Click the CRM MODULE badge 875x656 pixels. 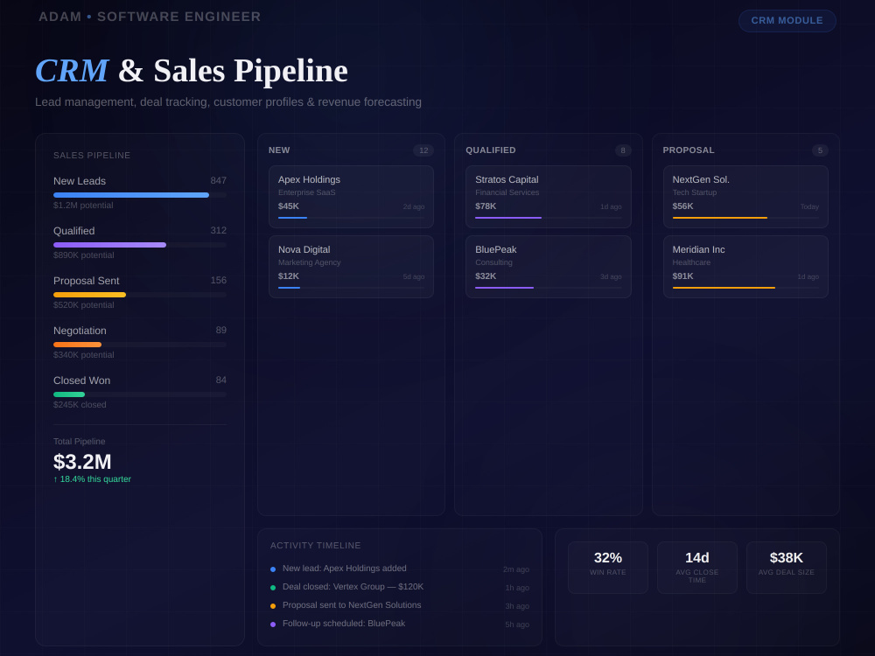[x=787, y=21]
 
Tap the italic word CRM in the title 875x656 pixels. [x=72, y=71]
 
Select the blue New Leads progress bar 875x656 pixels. [x=131, y=195]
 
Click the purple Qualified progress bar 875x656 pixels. [x=110, y=245]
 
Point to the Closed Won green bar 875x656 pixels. [x=69, y=394]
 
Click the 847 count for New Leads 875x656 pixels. [x=218, y=181]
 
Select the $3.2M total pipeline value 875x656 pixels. [x=82, y=462]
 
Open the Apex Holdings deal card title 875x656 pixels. [x=309, y=179]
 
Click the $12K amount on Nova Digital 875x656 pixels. [x=289, y=276]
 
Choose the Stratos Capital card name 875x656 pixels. [x=507, y=179]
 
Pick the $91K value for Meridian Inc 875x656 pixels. [x=683, y=276]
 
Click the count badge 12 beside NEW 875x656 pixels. [x=423, y=150]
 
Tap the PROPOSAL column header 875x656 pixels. [x=689, y=150]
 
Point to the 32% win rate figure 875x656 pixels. [x=608, y=558]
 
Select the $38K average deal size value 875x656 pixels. [x=787, y=558]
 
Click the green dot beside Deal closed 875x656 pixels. [x=273, y=588]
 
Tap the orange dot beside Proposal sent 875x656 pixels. [x=273, y=606]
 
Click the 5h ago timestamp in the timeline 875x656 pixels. [x=517, y=625]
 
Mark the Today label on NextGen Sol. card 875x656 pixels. [x=809, y=206]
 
